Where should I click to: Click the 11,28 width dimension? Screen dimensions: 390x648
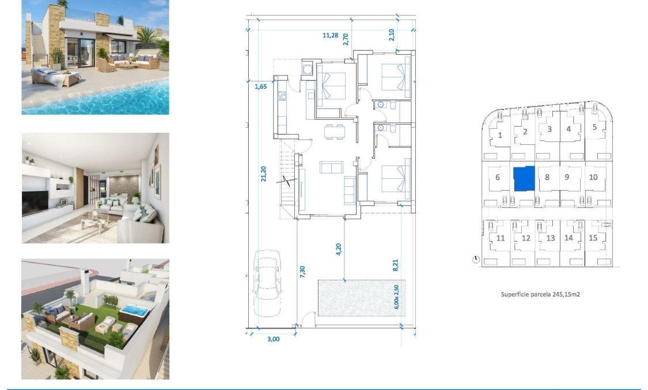point(330,35)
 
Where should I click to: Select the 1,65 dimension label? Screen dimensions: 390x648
point(262,87)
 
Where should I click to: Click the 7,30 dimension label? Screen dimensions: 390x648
point(303,272)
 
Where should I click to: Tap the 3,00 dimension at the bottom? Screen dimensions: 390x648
point(273,339)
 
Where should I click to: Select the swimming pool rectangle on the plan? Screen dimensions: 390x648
point(361,297)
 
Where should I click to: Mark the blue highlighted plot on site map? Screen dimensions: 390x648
point(524,178)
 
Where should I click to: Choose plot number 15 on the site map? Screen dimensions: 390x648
point(593,238)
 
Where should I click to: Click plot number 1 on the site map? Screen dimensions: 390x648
point(500,135)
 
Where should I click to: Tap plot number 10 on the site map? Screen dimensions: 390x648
point(593,177)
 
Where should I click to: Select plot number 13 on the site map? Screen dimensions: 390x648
point(550,238)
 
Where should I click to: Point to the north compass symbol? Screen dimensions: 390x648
point(475,259)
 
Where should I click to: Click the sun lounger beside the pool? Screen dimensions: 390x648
point(55,76)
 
